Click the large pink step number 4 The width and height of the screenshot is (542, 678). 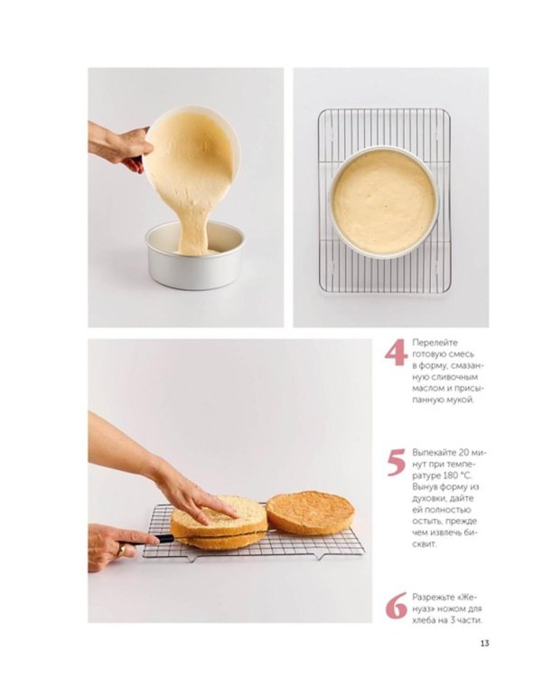(x=397, y=353)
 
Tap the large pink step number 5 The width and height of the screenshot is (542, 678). (x=397, y=462)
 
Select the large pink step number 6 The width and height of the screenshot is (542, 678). (x=397, y=606)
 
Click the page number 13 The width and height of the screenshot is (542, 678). (x=484, y=643)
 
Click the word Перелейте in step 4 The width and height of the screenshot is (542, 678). (x=435, y=343)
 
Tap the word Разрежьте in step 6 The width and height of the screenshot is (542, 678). (x=434, y=598)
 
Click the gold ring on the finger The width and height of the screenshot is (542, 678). (x=122, y=550)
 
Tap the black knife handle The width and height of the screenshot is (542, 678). (x=164, y=539)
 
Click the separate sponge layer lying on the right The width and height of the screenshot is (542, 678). (x=311, y=513)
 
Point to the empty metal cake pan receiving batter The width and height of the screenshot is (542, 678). (x=195, y=256)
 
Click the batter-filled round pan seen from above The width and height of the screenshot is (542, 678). (x=384, y=202)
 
